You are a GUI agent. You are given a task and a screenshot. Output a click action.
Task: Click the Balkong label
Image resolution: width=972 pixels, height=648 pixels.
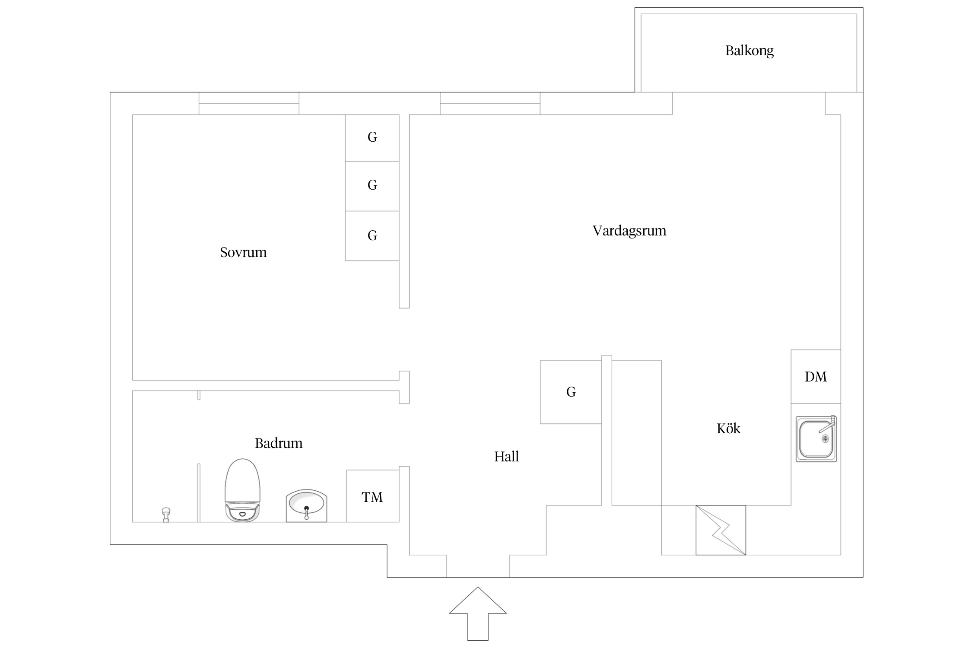click(x=749, y=51)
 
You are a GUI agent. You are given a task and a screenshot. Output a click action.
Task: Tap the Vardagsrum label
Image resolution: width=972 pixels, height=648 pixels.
click(x=629, y=231)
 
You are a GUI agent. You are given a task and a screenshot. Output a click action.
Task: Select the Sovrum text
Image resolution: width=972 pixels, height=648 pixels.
click(x=243, y=252)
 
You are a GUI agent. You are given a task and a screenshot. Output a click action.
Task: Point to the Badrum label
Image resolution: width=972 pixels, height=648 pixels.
click(x=279, y=443)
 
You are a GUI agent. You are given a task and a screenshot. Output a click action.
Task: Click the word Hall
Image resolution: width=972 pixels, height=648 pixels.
click(x=506, y=457)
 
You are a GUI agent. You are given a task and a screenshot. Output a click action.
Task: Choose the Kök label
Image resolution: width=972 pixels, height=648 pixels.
click(x=728, y=429)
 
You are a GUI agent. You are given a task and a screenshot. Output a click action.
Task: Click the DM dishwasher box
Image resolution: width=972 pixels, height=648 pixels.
click(x=816, y=377)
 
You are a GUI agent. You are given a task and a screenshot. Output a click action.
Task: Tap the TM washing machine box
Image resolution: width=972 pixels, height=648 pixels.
click(x=372, y=496)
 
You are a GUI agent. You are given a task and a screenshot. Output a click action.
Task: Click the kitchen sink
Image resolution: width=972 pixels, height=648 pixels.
click(x=816, y=439)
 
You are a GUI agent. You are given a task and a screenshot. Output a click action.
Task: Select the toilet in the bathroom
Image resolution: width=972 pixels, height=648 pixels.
click(x=242, y=490)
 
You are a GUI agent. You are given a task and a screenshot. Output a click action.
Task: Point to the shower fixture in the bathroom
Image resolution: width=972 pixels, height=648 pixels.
click(x=166, y=514)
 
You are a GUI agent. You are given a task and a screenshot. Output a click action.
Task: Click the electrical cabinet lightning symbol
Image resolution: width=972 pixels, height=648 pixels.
click(x=721, y=530)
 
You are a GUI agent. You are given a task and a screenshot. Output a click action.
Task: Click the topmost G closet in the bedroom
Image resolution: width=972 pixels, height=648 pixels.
click(x=372, y=138)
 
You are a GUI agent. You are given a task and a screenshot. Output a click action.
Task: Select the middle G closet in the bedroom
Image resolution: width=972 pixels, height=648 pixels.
click(x=372, y=186)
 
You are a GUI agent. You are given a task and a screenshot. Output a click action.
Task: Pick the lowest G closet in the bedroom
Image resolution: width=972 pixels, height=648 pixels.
click(x=372, y=236)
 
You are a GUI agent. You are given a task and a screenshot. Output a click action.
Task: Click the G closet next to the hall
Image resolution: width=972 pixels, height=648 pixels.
click(x=571, y=392)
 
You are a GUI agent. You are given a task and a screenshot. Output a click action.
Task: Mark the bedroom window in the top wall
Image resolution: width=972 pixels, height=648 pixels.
click(x=249, y=104)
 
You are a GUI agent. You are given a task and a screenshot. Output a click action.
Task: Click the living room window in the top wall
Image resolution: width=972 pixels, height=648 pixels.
click(x=490, y=104)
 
